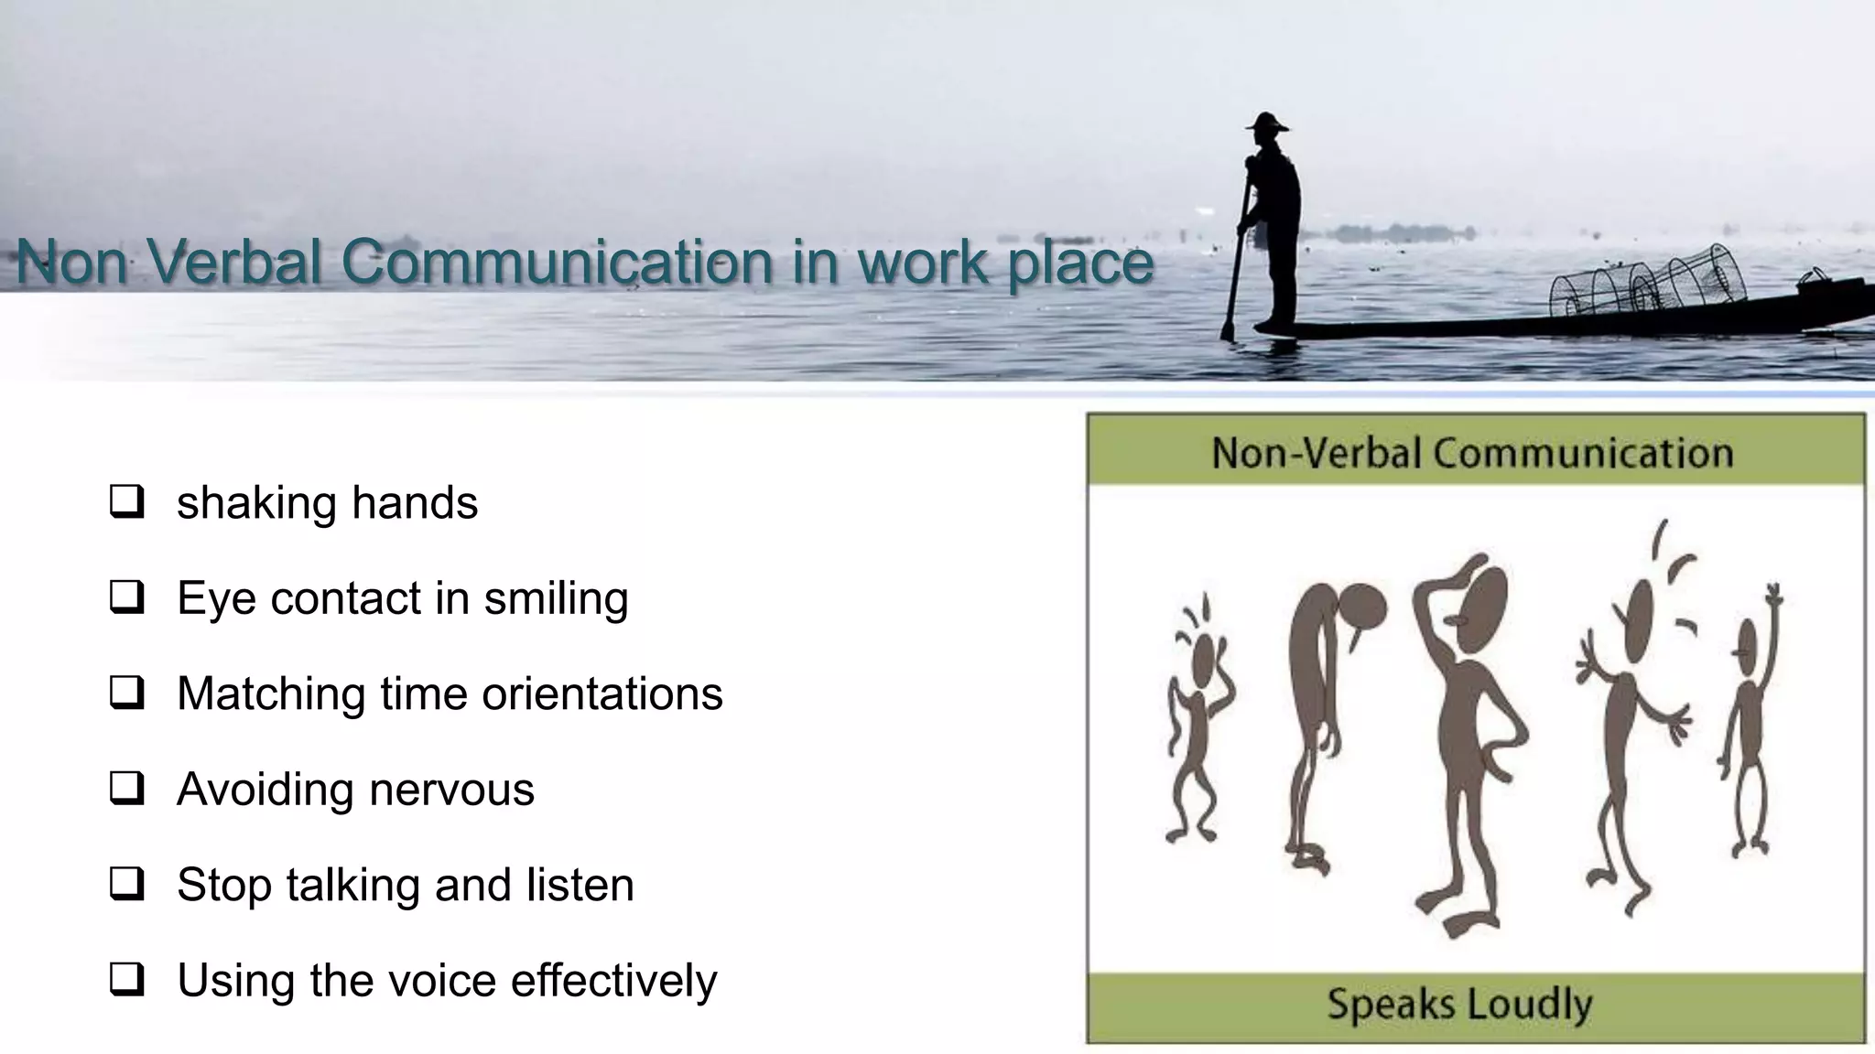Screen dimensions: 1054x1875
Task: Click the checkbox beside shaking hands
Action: pos(126,502)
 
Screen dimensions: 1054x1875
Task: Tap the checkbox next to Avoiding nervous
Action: pos(126,789)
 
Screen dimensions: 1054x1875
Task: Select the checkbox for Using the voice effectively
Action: pos(126,980)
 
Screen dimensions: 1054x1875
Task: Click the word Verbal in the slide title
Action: pos(234,262)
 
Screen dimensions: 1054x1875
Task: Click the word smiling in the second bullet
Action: pos(556,598)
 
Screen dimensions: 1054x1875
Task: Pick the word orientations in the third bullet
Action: pos(602,694)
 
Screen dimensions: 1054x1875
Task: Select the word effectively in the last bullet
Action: pos(613,980)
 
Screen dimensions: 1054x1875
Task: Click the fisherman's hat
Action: pos(1267,123)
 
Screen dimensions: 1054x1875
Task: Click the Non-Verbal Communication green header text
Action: pos(1472,453)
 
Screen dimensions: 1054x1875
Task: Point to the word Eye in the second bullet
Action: pos(216,598)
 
